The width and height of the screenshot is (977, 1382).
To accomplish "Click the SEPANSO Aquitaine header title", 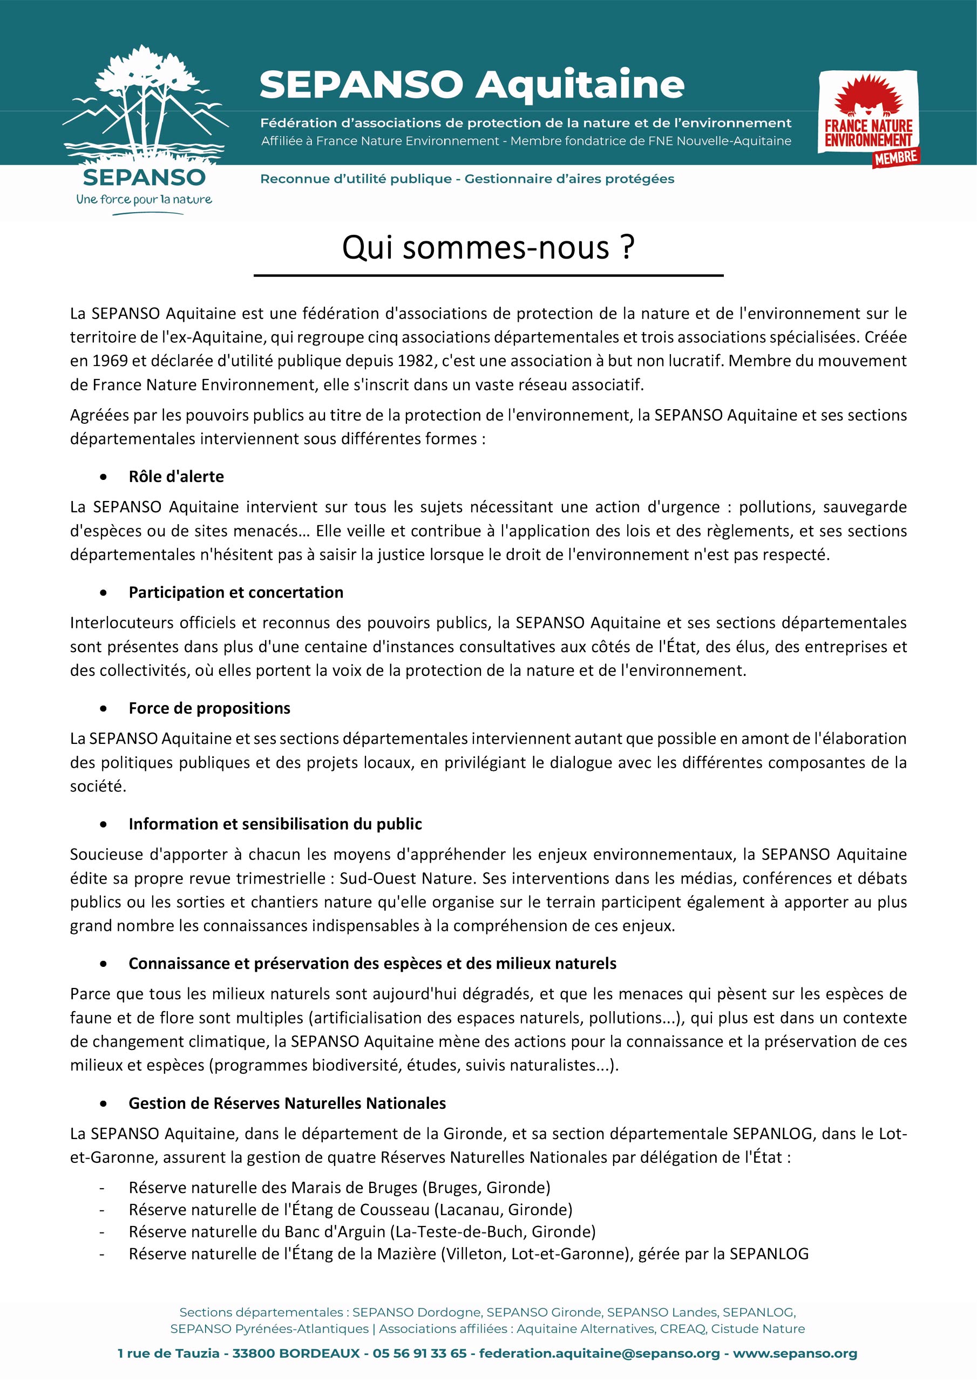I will click(471, 85).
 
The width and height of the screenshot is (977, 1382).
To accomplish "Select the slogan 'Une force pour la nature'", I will click(144, 199).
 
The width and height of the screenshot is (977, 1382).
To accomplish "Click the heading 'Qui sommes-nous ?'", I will click(488, 247).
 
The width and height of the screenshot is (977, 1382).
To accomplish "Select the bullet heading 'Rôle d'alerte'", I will click(176, 477).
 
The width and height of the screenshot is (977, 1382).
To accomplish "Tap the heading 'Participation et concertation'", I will click(236, 592).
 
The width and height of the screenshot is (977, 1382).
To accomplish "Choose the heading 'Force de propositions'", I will click(209, 708).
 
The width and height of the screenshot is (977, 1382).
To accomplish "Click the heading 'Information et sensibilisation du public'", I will click(275, 824).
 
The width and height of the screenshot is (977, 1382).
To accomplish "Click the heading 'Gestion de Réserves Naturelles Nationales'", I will click(287, 1103).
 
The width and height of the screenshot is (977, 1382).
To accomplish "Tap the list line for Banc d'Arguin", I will click(362, 1231).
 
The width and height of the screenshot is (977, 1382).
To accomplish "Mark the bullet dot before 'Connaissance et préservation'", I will click(104, 964).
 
